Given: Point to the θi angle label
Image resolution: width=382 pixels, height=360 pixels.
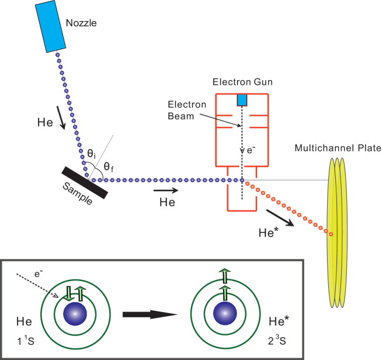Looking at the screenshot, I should [x=91, y=153].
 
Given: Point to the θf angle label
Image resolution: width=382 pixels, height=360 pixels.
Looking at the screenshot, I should [x=108, y=167].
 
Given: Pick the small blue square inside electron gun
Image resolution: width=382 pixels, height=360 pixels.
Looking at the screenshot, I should [x=242, y=101].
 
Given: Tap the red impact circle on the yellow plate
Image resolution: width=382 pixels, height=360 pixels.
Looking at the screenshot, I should [x=331, y=234].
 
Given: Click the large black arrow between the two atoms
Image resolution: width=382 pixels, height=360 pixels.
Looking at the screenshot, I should [x=149, y=314].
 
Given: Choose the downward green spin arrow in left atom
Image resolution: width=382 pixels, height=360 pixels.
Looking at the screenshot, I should [x=69, y=292].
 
